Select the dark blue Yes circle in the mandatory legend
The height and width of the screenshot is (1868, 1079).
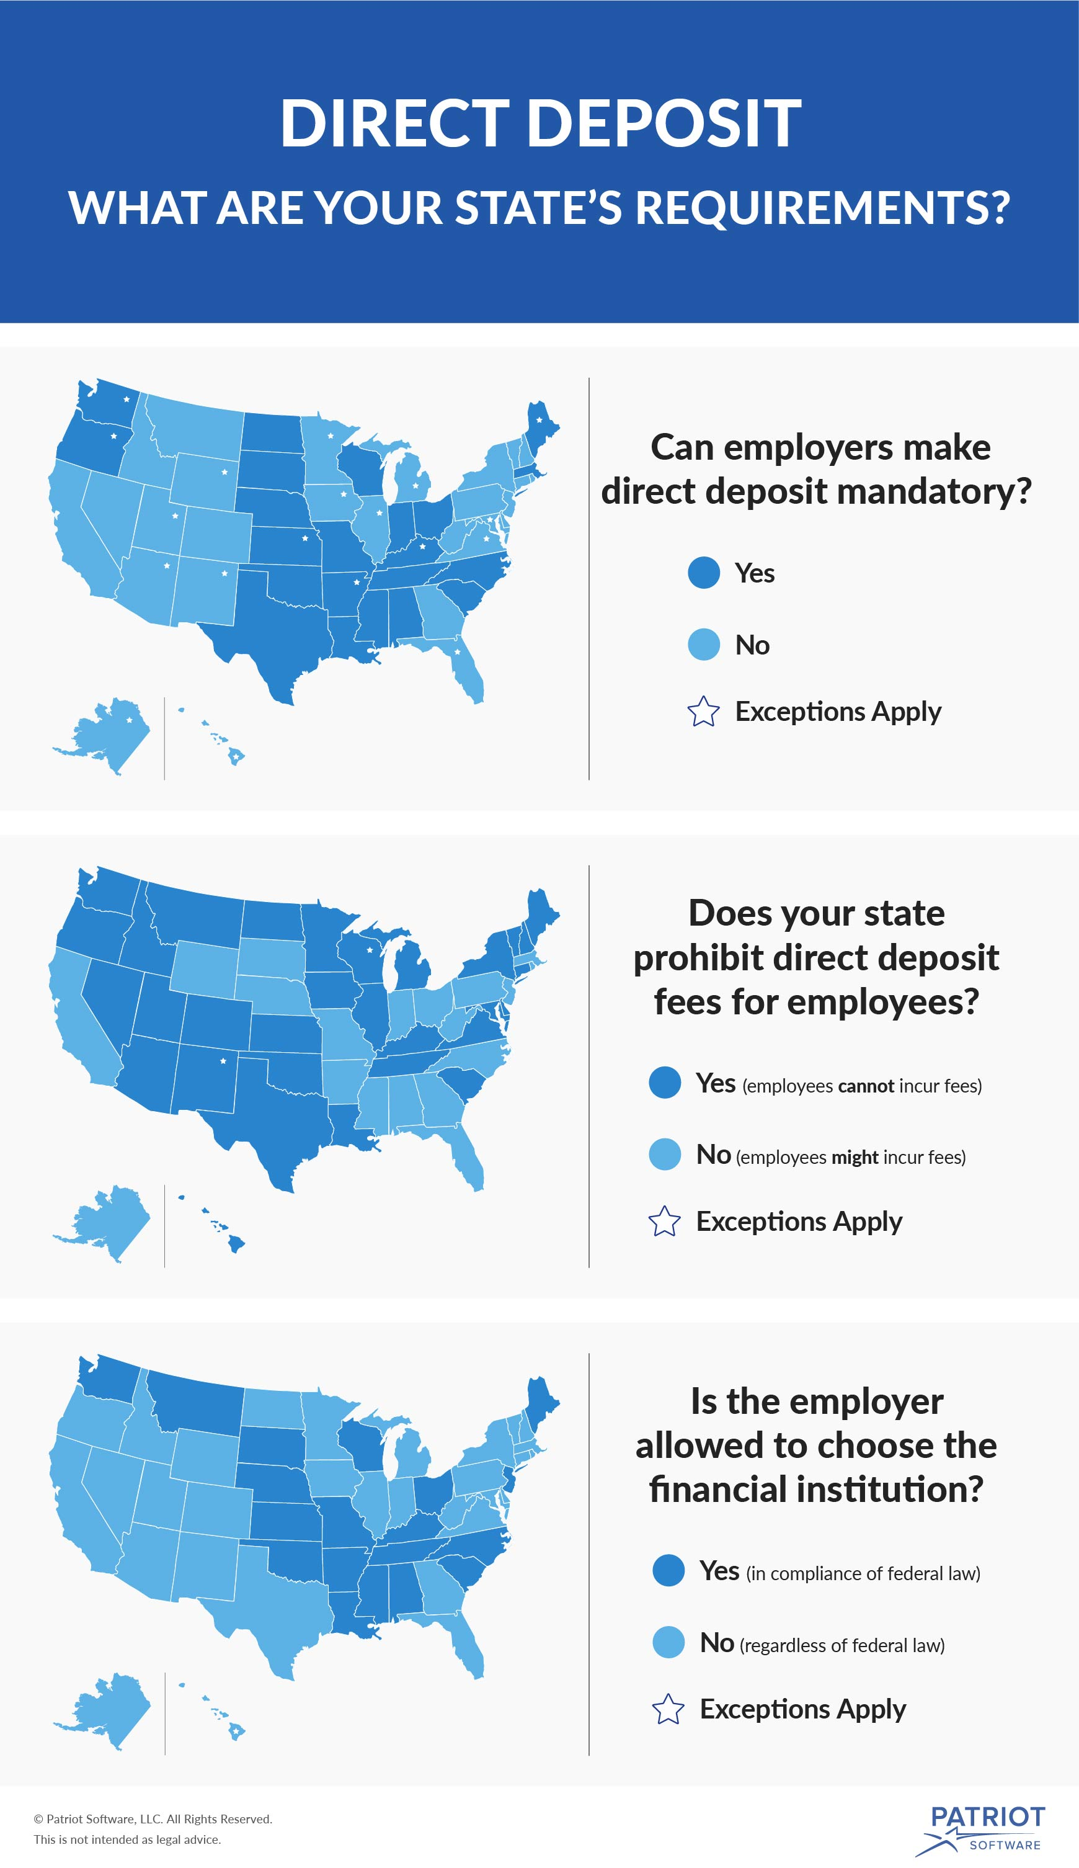[703, 573]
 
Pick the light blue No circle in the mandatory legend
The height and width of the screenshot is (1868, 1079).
[703, 644]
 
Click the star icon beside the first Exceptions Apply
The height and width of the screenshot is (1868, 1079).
[703, 712]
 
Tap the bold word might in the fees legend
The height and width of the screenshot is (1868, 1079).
[855, 1158]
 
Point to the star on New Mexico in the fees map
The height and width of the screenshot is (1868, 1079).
[223, 1061]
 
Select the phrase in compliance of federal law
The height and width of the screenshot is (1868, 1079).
[863, 1574]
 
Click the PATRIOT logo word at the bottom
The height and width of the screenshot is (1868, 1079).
[987, 1817]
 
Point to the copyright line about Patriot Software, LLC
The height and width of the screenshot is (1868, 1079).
[153, 1819]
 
